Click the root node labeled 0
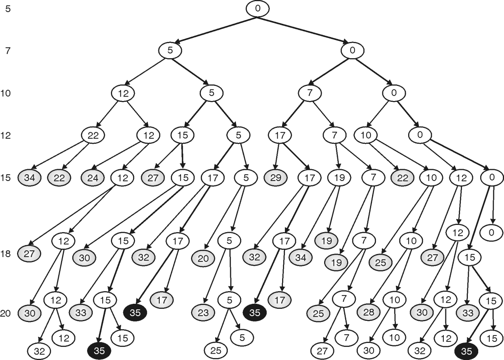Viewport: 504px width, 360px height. coord(258,9)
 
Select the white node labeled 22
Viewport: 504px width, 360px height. coord(93,135)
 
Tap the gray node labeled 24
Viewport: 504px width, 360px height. coord(93,178)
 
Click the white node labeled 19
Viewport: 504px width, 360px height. coord(339,178)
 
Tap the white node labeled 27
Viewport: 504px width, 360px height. coord(323,350)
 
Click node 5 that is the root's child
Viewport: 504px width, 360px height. coord(170,51)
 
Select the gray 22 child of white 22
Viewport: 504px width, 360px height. coord(59,178)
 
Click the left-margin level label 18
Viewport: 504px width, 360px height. coord(6,253)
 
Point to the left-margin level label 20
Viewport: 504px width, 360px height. coord(6,314)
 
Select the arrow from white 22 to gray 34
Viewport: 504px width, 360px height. coord(59,155)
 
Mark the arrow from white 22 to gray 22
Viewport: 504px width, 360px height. coord(76,156)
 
